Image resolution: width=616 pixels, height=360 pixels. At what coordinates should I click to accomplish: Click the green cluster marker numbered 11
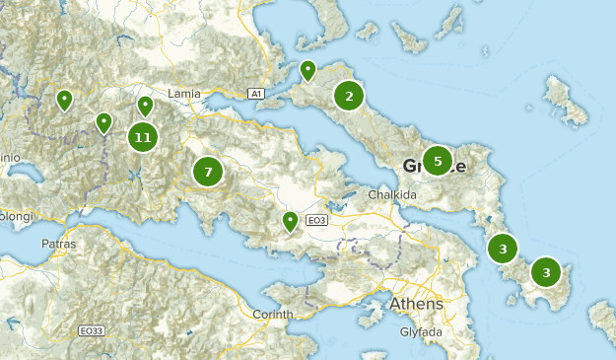pos(143,137)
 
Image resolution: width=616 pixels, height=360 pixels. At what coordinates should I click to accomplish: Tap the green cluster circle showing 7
pos(208,172)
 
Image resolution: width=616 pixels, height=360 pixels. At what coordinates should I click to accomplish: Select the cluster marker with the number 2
pos(349,96)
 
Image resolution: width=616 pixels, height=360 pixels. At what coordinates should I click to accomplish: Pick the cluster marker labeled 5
pos(438,160)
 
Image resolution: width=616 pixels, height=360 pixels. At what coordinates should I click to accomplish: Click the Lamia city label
pos(184,94)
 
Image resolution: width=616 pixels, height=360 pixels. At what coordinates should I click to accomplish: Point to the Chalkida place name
pos(392,195)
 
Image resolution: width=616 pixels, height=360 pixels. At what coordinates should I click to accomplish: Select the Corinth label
pos(273,314)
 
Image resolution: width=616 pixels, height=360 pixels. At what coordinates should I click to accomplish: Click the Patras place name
pos(58,243)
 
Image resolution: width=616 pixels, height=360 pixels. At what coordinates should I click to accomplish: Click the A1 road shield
pos(256,94)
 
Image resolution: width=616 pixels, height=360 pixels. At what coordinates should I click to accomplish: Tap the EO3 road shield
pos(316,220)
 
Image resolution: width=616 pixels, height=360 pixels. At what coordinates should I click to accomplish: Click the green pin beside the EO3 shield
pos(290,221)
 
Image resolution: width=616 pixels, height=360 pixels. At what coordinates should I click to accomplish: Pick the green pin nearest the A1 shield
pos(308,70)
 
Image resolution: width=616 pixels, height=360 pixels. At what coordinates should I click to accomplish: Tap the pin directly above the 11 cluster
pos(145,105)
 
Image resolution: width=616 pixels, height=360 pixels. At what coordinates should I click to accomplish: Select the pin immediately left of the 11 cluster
pos(103,122)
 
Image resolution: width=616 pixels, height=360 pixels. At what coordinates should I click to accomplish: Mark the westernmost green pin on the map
pos(64,99)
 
